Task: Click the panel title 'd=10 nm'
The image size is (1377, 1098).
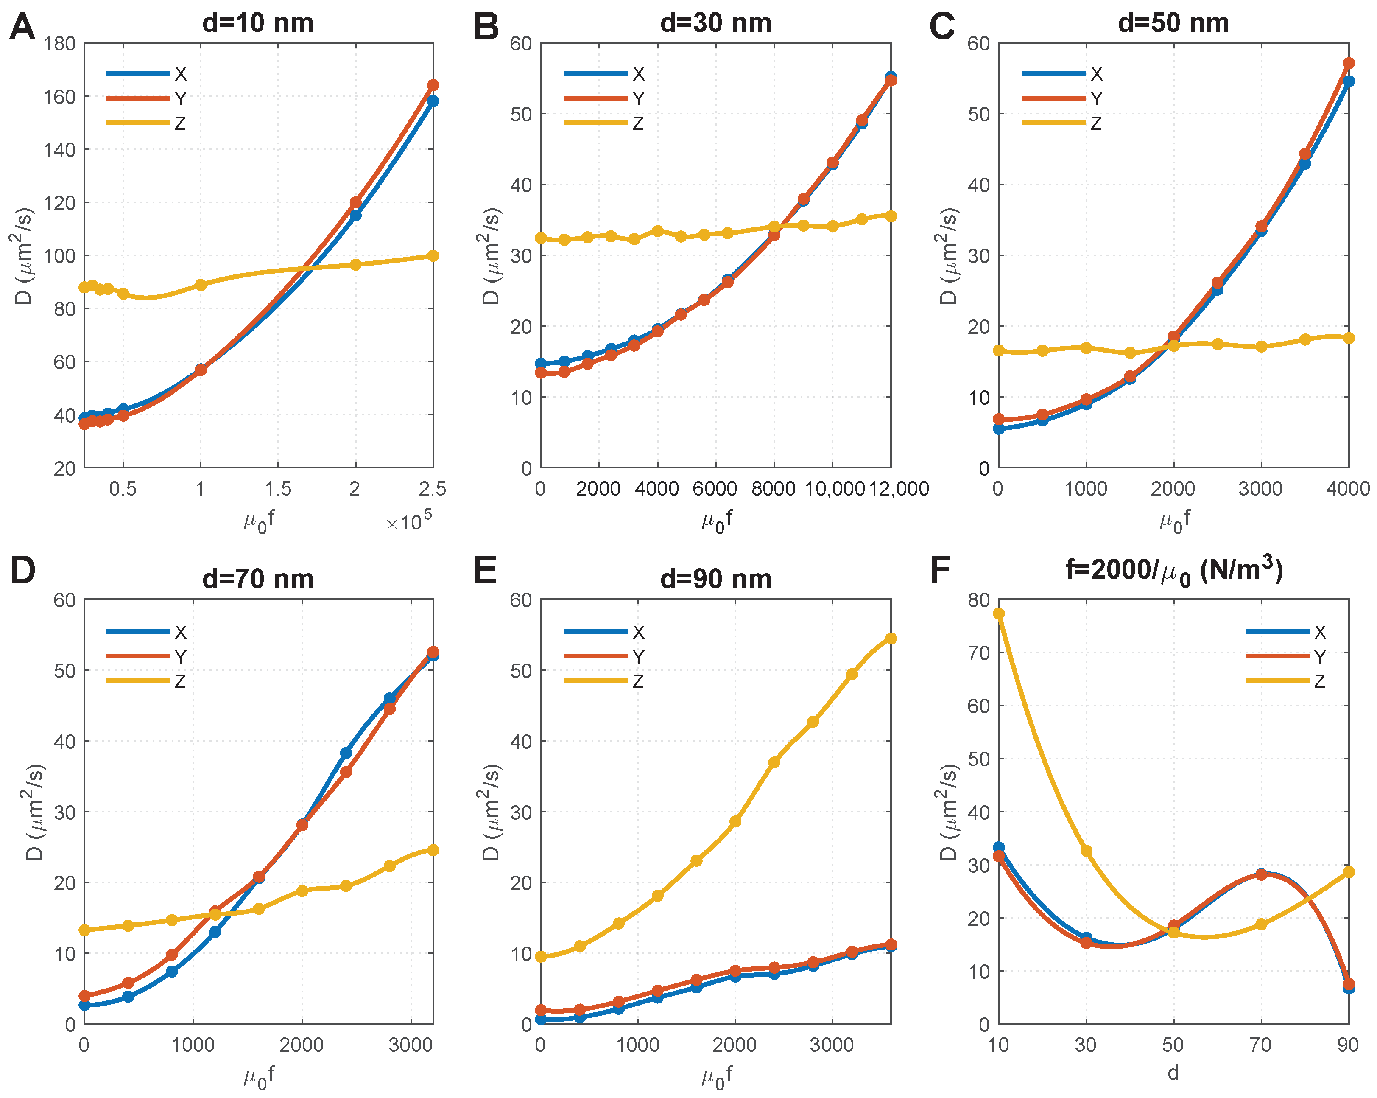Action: pyautogui.click(x=258, y=23)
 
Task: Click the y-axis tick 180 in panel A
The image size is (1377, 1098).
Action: pyautogui.click(x=60, y=43)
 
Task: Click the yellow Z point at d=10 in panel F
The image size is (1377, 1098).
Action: pyautogui.click(x=998, y=613)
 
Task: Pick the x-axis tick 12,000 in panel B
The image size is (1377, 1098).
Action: pyautogui.click(x=899, y=489)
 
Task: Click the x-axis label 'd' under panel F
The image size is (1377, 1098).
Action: pyautogui.click(x=1173, y=1073)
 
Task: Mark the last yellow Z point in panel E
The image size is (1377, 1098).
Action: pyautogui.click(x=890, y=639)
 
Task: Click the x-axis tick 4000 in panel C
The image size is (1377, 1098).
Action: pyautogui.click(x=1348, y=489)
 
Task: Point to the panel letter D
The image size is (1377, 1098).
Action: pyautogui.click(x=23, y=571)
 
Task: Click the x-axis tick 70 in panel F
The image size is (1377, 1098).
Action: pyautogui.click(x=1261, y=1045)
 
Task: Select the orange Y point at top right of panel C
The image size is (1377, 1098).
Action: pyautogui.click(x=1348, y=63)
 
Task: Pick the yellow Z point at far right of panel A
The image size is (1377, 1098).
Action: pyautogui.click(x=433, y=256)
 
